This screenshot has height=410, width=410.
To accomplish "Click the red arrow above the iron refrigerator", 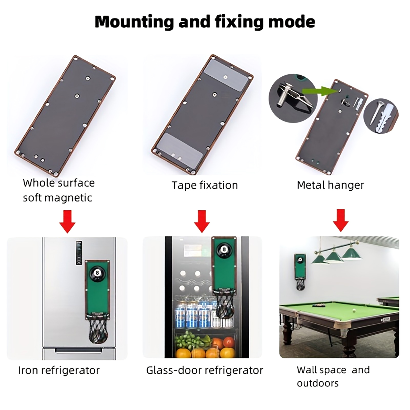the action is tap(67, 222).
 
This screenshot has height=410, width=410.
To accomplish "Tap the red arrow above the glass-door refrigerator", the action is tap(202, 221).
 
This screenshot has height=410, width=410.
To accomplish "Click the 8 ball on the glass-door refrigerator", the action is tap(224, 250).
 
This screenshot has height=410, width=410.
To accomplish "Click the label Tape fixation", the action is tap(205, 185).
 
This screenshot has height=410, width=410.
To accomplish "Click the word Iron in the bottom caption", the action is tap(28, 370).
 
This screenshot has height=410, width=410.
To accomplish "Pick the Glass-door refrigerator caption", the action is tap(205, 370).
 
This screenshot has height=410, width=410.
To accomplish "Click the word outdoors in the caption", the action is tap(318, 383).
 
